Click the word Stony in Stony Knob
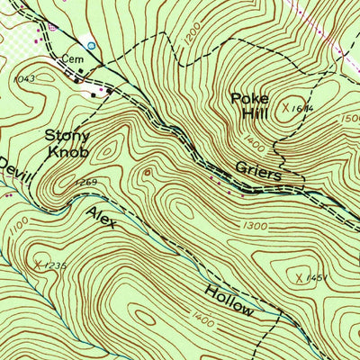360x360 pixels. click(x=64, y=136)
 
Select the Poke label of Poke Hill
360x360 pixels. click(x=249, y=98)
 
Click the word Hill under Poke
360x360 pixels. click(x=254, y=113)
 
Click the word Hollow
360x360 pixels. click(x=229, y=299)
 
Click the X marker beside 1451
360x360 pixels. click(x=299, y=280)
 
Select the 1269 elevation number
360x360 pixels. click(x=85, y=183)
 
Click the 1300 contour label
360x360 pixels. click(x=256, y=226)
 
